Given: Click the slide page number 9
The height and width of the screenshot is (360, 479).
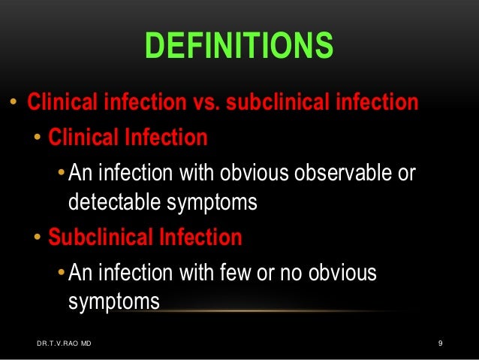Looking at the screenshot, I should pyautogui.click(x=441, y=344).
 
